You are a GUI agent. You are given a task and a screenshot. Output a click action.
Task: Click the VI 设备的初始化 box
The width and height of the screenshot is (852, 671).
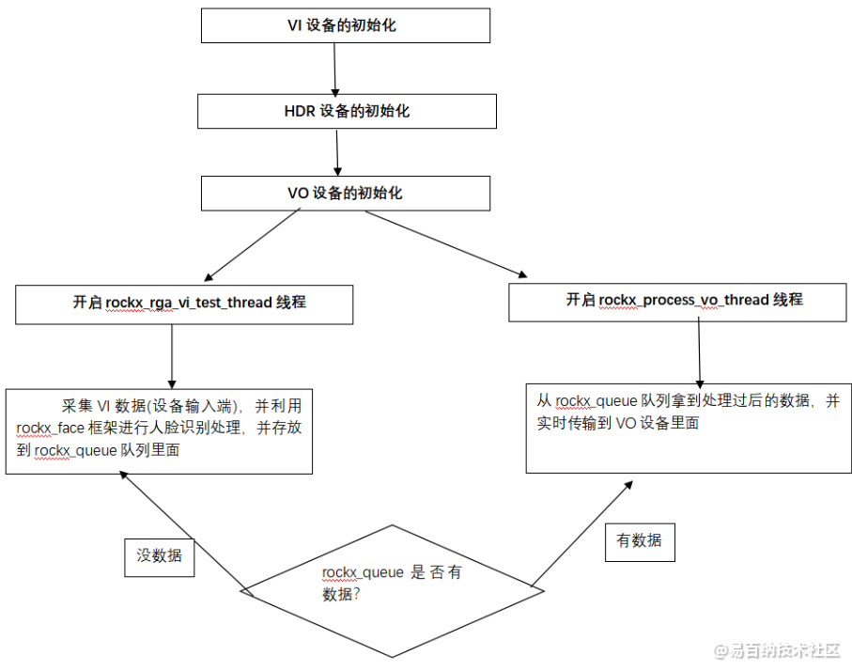(x=346, y=25)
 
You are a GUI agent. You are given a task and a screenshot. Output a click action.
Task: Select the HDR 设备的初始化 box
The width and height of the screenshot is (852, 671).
(x=346, y=111)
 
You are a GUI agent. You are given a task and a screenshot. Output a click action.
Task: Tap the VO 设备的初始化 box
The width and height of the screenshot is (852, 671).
(x=346, y=194)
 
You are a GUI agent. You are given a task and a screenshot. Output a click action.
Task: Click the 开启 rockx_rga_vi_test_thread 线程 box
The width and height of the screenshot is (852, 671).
(x=184, y=304)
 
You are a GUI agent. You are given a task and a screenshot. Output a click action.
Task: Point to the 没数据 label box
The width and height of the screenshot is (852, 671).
(x=160, y=555)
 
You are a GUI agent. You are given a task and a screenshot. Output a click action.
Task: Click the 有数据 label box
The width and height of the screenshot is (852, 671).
(x=639, y=540)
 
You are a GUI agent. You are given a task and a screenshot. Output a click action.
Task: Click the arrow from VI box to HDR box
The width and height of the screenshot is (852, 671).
(x=335, y=68)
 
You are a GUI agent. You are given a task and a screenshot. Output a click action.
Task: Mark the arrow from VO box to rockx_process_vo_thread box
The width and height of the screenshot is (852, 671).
(x=446, y=243)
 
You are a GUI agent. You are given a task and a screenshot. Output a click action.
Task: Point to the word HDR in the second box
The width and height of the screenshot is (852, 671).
(x=300, y=111)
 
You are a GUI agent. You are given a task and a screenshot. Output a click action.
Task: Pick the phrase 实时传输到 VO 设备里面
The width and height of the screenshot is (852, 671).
(x=618, y=423)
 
